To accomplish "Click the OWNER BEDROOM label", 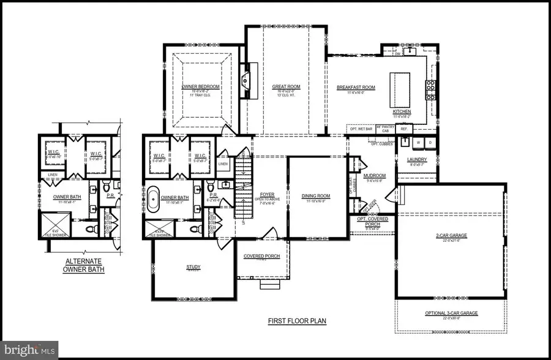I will click(200, 87).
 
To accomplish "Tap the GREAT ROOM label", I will click(285, 87).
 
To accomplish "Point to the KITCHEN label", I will click(402, 111).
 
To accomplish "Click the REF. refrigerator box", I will click(404, 129).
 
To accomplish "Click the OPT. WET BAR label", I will click(361, 129).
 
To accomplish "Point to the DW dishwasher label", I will click(397, 54).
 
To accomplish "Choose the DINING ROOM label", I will click(316, 197).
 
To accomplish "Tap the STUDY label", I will click(193, 267).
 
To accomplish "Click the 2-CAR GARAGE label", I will click(451, 234).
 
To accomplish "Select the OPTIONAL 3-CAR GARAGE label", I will click(451, 313).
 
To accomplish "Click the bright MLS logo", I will click(29, 350).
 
